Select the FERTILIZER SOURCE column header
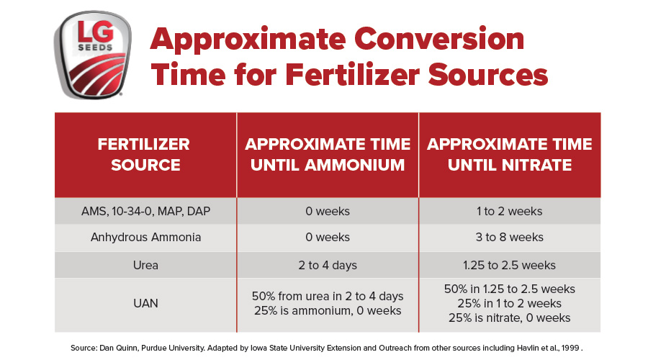pos(145,154)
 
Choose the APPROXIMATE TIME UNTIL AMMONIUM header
pos(328,154)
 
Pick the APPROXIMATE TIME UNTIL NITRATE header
pos(510,154)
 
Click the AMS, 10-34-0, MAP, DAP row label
pos(145,212)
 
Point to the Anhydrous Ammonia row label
pos(145,238)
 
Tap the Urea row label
pos(145,265)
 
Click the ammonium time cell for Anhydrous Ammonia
pos(328,238)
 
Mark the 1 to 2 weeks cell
pos(510,212)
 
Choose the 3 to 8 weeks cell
pos(510,238)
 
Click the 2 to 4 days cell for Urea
pos(328,265)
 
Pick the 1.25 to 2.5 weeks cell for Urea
pos(510,265)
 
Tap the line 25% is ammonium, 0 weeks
pos(328,311)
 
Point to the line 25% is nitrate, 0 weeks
pos(510,318)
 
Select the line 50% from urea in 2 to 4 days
pos(328,296)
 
